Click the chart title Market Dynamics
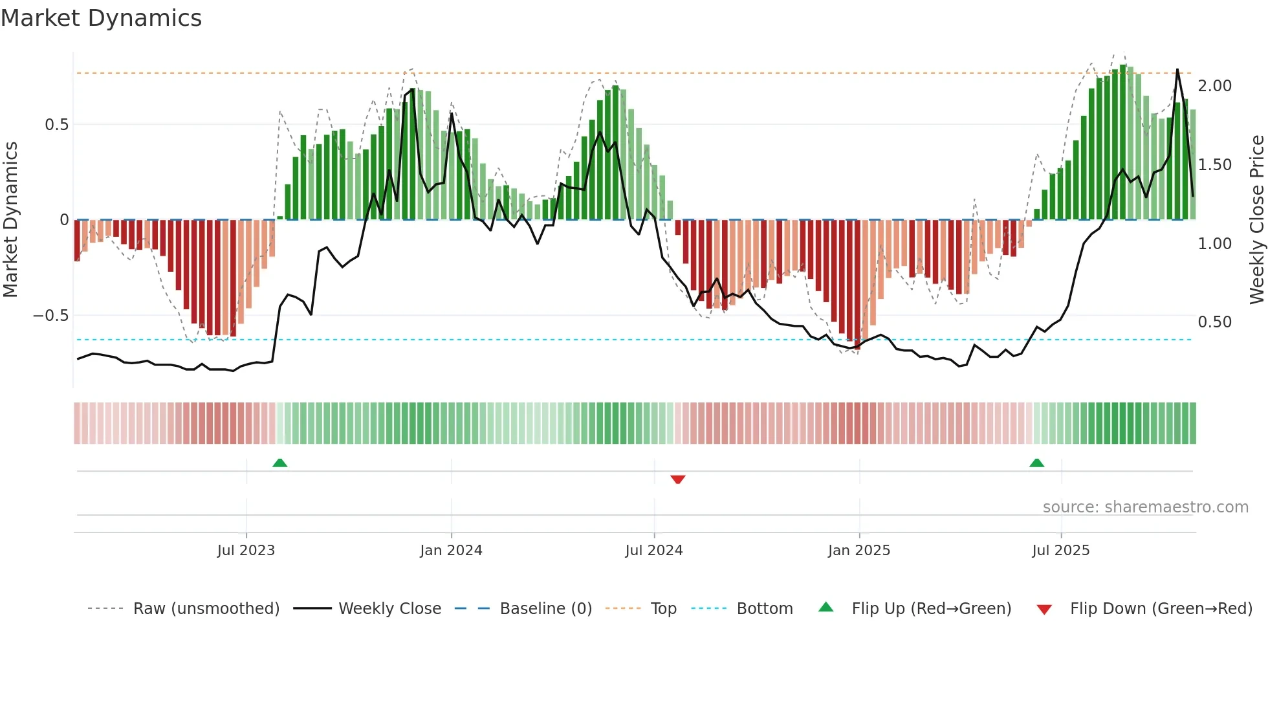[101, 18]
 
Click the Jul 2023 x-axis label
[246, 551]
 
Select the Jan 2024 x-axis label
[451, 551]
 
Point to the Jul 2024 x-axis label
[653, 551]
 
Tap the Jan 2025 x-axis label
[858, 551]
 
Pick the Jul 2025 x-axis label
[1060, 551]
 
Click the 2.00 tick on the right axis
[1214, 86]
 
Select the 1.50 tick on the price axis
[1214, 165]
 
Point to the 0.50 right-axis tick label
[1214, 322]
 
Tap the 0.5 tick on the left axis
[56, 125]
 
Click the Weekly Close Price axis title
[1256, 219]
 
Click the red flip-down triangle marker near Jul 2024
[677, 479]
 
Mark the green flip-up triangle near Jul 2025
[1036, 463]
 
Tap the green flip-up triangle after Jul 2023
[279, 463]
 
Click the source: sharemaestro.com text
[1145, 507]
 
